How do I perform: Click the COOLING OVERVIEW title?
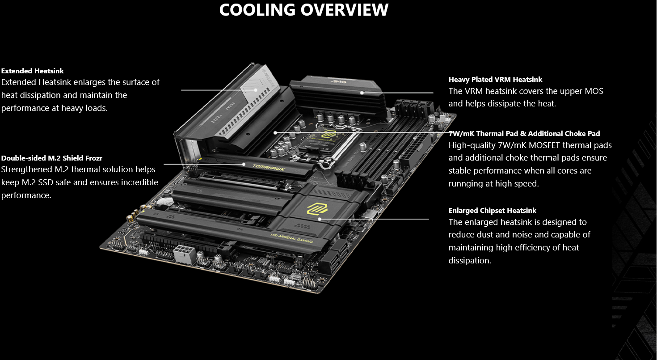[x=304, y=10]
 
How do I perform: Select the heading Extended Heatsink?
[x=32, y=71]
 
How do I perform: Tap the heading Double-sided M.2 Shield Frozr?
[x=52, y=158]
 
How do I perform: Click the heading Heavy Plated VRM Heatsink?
[x=495, y=80]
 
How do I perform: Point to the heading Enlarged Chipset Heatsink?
[x=493, y=210]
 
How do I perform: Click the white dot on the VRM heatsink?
[x=362, y=93]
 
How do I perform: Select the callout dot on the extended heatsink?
[x=256, y=90]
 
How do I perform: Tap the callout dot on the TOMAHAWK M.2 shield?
[x=244, y=164]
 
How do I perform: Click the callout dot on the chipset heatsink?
[x=320, y=219]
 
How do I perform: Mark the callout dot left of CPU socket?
[x=275, y=133]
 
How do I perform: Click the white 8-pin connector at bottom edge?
[x=185, y=254]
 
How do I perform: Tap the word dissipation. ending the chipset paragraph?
[x=470, y=261]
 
